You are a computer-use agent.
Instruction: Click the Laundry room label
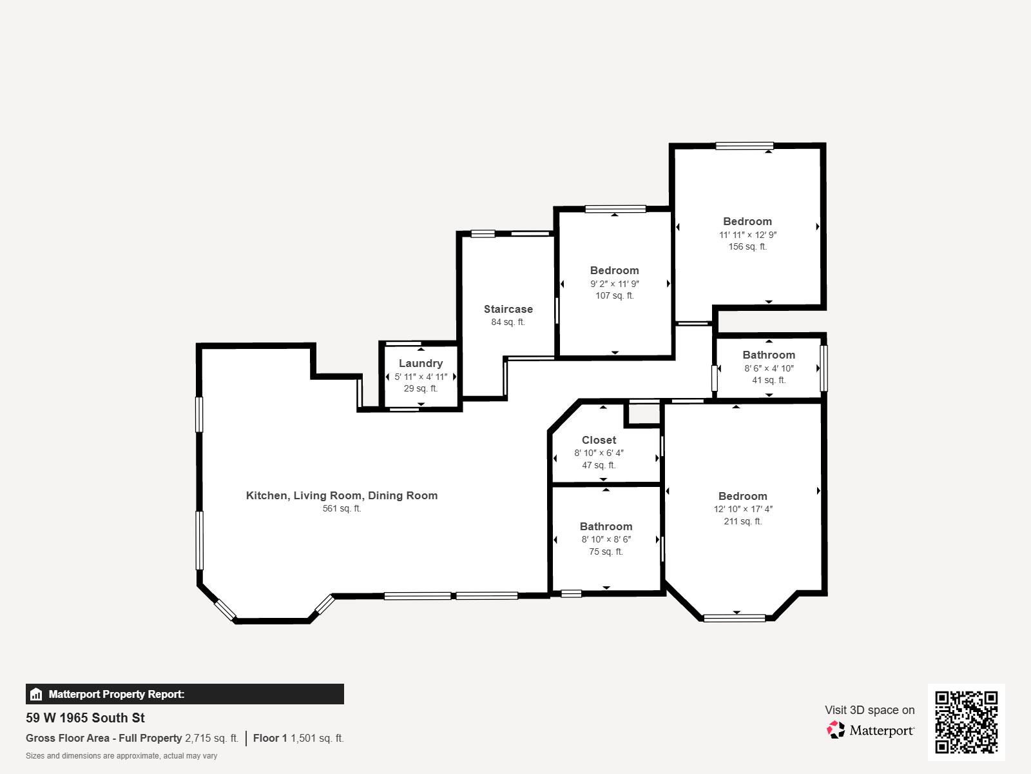click(420, 363)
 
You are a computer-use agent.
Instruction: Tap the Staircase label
click(508, 309)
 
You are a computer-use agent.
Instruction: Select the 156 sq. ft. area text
click(747, 246)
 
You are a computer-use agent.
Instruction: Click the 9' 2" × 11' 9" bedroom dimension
click(614, 284)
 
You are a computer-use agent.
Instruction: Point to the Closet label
click(599, 440)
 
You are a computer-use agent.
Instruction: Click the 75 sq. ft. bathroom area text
click(606, 551)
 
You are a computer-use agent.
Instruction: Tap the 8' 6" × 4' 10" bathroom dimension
click(769, 368)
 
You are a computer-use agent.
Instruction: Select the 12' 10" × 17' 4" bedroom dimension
click(742, 509)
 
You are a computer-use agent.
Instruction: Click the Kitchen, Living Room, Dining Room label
click(342, 495)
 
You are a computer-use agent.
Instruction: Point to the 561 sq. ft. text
click(342, 508)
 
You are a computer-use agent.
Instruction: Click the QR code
click(966, 722)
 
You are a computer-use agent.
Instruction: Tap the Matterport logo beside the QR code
click(871, 730)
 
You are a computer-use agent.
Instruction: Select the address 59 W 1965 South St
click(85, 718)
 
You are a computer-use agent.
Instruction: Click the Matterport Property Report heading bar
click(184, 694)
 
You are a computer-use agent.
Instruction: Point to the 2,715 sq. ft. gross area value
click(211, 738)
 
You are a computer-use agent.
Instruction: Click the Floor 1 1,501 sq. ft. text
click(298, 738)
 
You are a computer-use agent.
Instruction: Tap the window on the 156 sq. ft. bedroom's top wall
click(744, 146)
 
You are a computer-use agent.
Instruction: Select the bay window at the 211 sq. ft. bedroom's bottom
click(735, 618)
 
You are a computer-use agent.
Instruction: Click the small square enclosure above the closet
click(642, 415)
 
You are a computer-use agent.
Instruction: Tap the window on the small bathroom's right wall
click(823, 368)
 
